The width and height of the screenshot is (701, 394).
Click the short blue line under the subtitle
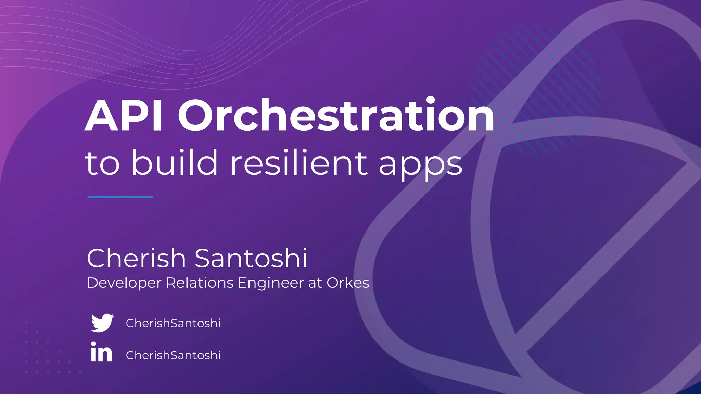coord(120,197)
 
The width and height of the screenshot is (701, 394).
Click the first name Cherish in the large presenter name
coord(136,258)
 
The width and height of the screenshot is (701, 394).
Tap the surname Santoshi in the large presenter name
coord(251,258)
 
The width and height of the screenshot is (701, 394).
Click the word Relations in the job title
coord(200,283)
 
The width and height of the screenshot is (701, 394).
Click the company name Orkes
coord(348,283)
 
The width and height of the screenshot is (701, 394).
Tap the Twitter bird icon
coord(102,323)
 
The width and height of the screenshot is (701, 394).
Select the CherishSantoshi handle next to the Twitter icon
coord(173,323)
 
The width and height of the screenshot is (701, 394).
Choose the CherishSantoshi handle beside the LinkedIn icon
coord(173,355)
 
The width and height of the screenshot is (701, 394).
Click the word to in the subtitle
coord(102,163)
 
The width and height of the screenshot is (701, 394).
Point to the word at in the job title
coord(315,283)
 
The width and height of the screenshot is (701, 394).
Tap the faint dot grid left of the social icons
coord(48,352)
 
